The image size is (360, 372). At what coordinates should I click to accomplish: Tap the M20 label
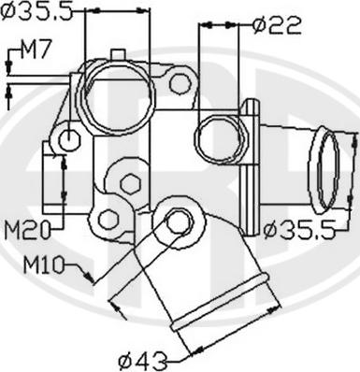27,228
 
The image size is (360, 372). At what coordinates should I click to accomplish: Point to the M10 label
44,265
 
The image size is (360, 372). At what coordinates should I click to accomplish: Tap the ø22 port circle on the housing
218,138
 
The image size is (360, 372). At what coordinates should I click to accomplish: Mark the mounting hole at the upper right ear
180,83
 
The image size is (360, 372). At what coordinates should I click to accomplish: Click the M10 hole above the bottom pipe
178,222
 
